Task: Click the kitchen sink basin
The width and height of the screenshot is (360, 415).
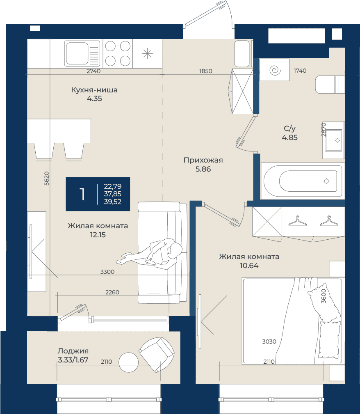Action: [77, 53]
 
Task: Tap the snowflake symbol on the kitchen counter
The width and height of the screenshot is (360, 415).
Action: [147, 54]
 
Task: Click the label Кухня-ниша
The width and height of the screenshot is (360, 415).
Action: [94, 90]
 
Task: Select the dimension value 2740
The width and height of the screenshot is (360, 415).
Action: [93, 71]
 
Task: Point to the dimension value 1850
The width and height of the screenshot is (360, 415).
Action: [206, 71]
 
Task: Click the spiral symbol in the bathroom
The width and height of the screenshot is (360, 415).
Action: [275, 70]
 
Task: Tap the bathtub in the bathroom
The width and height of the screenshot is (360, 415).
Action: [302, 181]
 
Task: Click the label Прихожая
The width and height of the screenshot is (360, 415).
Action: [203, 160]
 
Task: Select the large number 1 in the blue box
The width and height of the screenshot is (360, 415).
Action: [82, 194]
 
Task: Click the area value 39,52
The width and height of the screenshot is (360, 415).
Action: [113, 202]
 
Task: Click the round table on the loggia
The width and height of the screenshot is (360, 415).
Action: [128, 362]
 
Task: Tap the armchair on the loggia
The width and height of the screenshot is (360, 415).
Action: [157, 354]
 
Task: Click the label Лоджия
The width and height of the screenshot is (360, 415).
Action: [73, 351]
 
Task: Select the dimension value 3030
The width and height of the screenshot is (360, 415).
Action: [269, 342]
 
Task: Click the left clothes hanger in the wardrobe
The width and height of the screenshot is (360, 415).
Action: [297, 221]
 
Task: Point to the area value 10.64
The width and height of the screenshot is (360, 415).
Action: [249, 266]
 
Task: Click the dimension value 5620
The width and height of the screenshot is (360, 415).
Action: [46, 179]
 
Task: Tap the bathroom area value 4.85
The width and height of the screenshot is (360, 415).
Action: [290, 138]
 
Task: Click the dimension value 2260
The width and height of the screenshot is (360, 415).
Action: [112, 292]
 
